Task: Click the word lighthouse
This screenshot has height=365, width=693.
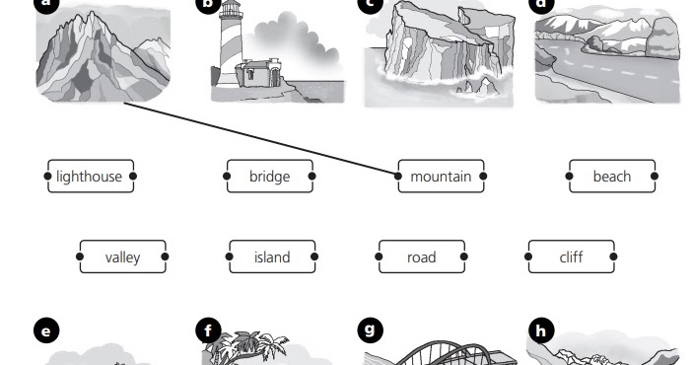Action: point(90,177)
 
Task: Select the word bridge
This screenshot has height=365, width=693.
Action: point(269,177)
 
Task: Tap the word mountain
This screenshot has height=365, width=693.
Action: point(441,177)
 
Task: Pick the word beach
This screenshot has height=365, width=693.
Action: point(611,177)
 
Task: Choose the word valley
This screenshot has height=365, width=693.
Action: point(122,257)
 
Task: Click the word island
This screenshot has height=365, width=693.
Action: point(272,257)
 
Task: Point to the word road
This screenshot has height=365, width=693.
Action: point(421,257)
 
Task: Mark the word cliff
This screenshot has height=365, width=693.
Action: point(571,257)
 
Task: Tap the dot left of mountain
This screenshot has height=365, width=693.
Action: point(398,177)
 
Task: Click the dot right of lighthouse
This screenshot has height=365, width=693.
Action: point(133,177)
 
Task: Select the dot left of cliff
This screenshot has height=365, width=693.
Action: point(530,256)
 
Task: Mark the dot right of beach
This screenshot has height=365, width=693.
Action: point(655,177)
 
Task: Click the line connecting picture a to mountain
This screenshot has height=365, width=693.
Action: point(261,139)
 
